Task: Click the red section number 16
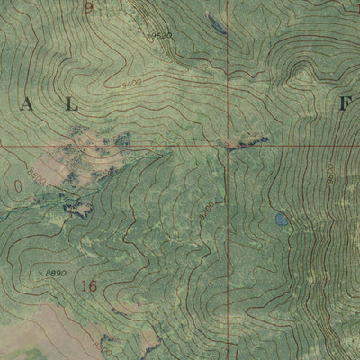coord(88,287)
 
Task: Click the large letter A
coord(26,105)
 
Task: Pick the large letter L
coord(72,105)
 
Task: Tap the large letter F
coord(345,105)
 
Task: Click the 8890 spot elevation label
coord(56,271)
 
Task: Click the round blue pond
coord(282,219)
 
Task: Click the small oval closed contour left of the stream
coord(19,186)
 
